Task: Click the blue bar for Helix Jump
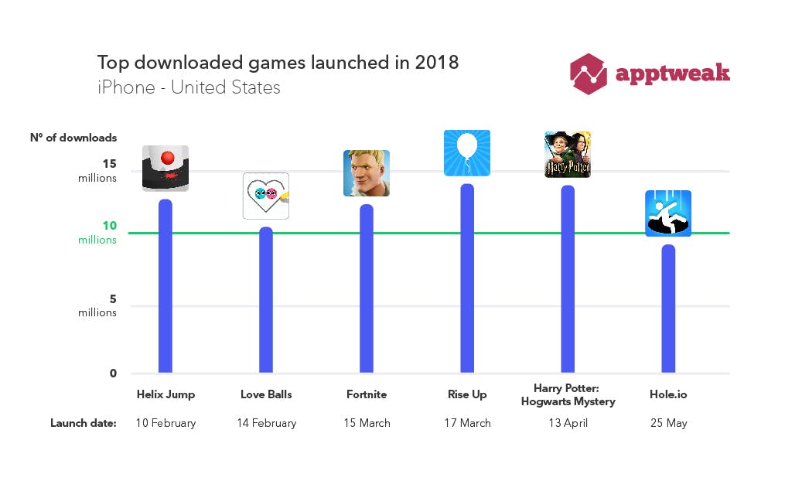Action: [x=165, y=286]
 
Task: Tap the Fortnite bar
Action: [x=367, y=288]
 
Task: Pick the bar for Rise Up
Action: [x=467, y=278]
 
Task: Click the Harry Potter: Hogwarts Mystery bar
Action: [x=568, y=279]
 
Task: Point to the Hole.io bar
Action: [x=668, y=309]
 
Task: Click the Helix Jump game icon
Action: [x=166, y=169]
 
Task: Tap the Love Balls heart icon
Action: [x=266, y=196]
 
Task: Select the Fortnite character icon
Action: [x=367, y=173]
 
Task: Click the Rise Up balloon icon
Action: [x=467, y=153]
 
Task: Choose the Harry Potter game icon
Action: [x=568, y=155]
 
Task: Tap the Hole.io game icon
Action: [x=668, y=213]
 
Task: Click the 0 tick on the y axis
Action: [x=113, y=373]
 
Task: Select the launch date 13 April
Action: [x=567, y=423]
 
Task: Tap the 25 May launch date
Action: [x=668, y=423]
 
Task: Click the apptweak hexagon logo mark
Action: [x=589, y=74]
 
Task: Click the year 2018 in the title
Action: [x=437, y=63]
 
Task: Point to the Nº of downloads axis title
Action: [x=73, y=138]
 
